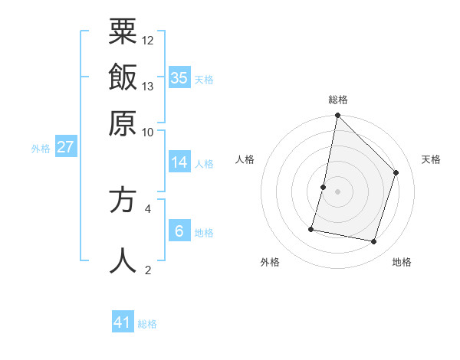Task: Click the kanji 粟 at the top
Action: pos(123,31)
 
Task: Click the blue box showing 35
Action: pos(179,77)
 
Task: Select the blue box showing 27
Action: pos(65,146)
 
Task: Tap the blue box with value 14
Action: pos(179,162)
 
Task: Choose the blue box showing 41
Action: pos(123,322)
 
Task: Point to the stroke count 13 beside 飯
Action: pos(148,86)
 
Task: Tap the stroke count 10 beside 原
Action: pos(148,131)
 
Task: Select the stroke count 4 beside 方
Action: pos(148,208)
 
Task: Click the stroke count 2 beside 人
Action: pos(148,270)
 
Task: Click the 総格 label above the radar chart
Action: pos(338,100)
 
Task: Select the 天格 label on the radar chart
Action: pos(431,159)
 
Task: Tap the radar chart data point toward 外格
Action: pos(311,229)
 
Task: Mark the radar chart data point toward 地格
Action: pos(374,242)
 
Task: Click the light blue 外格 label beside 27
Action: pos(41,149)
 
